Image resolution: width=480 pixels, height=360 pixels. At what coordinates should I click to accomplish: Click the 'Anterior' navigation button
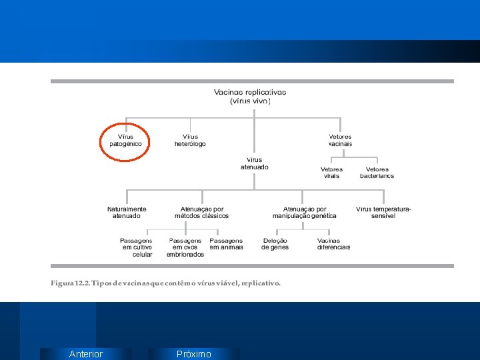click(85, 354)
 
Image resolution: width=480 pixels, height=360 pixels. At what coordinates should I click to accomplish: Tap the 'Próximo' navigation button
click(193, 354)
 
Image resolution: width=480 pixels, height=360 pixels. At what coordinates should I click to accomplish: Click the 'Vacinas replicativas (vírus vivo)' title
click(250, 97)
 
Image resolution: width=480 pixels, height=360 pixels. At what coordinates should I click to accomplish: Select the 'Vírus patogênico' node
click(125, 141)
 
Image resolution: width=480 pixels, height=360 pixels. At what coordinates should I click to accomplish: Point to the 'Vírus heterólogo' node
click(190, 141)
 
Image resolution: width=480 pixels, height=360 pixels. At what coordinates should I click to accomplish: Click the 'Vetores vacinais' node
click(340, 141)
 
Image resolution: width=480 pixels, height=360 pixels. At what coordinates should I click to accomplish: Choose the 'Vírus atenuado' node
click(255, 163)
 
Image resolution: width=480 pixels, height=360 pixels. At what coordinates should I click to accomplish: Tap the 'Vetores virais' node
click(331, 173)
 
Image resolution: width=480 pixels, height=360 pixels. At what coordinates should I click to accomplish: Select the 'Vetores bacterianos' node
click(377, 173)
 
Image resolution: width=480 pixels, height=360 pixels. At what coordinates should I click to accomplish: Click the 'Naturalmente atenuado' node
click(127, 212)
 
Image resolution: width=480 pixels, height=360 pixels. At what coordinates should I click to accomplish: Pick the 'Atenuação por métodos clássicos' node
click(201, 212)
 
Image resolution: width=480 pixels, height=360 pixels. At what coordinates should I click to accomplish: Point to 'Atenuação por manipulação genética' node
click(305, 212)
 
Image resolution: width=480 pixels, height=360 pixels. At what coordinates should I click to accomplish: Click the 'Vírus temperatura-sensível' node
click(383, 212)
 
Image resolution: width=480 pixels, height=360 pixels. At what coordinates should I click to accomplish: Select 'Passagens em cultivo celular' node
click(137, 247)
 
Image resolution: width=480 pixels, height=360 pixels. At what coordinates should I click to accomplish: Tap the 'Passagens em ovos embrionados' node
click(185, 247)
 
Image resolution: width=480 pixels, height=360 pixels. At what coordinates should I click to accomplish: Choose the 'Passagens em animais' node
click(226, 244)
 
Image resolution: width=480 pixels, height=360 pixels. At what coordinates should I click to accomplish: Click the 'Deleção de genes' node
click(275, 244)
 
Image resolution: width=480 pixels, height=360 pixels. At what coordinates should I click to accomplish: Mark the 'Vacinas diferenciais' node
click(333, 244)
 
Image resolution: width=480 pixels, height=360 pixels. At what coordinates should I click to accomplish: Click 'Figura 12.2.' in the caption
click(69, 283)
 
